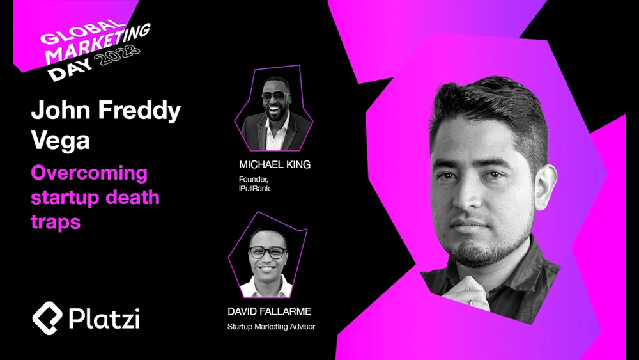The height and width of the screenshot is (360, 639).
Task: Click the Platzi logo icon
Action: click(47, 318)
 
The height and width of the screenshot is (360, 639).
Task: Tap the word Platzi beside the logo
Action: click(104, 318)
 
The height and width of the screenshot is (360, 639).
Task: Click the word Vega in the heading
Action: click(60, 141)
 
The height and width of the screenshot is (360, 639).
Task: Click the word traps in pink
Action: click(56, 223)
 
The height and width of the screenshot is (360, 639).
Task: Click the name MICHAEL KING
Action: click(275, 165)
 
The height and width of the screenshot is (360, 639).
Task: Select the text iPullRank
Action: click(254, 189)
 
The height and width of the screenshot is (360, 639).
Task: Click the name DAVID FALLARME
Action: click(270, 311)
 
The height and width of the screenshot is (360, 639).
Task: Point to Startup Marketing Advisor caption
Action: click(271, 327)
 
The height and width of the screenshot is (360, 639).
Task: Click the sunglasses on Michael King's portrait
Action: click(273, 96)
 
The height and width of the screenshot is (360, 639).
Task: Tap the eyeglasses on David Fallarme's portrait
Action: click(268, 253)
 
